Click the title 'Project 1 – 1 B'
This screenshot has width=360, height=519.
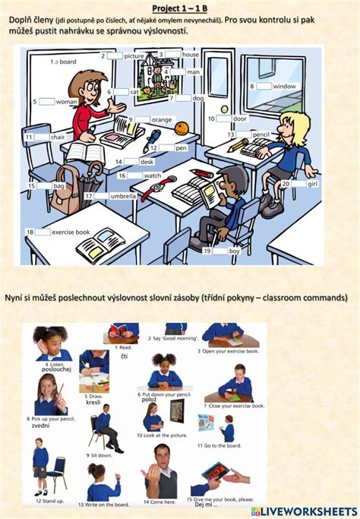(x=180, y=7)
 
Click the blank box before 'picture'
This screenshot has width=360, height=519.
(x=115, y=55)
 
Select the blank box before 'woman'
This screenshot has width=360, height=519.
(x=46, y=101)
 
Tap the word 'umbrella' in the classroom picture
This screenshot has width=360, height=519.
(x=123, y=196)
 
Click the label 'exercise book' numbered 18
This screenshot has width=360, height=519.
(x=71, y=232)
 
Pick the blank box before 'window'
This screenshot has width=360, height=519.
(x=263, y=87)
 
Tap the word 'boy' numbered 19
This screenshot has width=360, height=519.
(x=234, y=250)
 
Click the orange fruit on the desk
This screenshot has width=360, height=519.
(x=181, y=129)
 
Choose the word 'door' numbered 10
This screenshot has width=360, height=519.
(x=240, y=119)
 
